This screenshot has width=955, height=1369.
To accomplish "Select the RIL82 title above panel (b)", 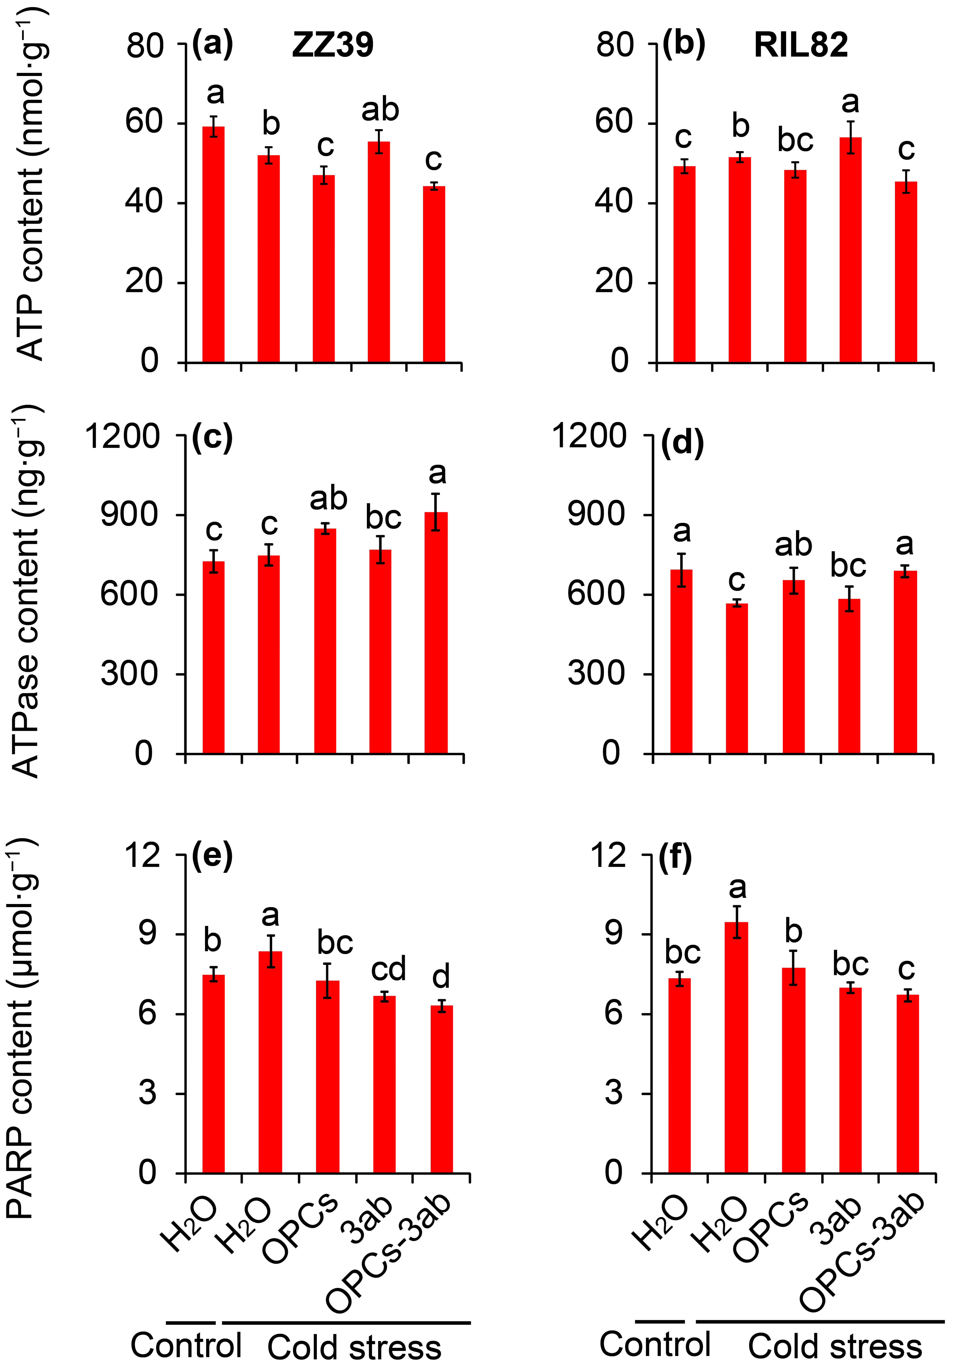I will [801, 45].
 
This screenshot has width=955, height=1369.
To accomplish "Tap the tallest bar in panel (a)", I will [213, 244].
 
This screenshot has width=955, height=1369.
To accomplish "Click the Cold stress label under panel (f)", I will [835, 1346].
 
